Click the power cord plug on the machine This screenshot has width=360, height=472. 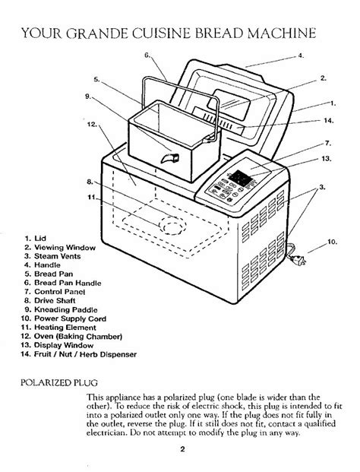point(299,260)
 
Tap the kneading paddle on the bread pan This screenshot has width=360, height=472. point(170,157)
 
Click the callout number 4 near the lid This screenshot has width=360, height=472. point(301,55)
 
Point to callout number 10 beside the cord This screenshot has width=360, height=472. point(332,242)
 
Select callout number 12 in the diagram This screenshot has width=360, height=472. point(92,124)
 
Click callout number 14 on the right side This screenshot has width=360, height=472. point(329,120)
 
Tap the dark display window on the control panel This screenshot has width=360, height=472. point(240,178)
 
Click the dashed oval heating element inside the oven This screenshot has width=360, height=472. point(173,225)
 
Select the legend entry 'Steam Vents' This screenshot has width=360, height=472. point(52,256)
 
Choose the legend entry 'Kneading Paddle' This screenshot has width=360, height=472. point(61,309)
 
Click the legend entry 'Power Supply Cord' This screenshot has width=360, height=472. point(64,318)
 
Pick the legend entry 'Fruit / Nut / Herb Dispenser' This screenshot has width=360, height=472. point(78,354)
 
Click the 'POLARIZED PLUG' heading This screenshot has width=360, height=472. point(59,382)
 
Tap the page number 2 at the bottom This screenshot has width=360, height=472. point(182,449)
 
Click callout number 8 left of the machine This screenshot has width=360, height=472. point(90,182)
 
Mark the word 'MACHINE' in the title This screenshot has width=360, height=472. point(282,33)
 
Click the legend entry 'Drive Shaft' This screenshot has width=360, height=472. point(50,300)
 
